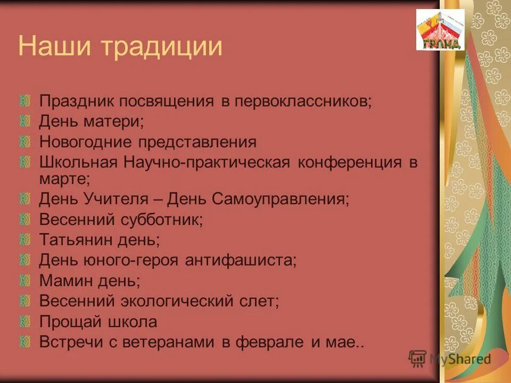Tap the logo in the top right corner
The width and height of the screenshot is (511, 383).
pos(440,30)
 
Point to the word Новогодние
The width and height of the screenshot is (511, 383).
pos(86,142)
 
